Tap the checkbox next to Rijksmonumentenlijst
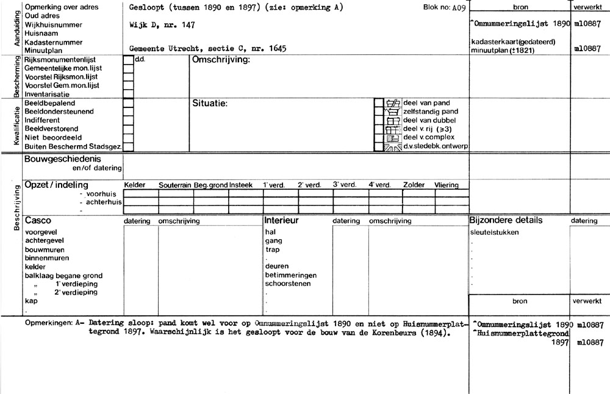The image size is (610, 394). (x=128, y=60)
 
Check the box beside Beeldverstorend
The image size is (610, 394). (x=128, y=129)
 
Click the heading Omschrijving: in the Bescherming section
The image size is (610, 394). (x=221, y=60)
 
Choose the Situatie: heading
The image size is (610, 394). (x=210, y=103)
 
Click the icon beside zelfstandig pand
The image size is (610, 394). (x=392, y=112)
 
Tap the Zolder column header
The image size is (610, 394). (x=414, y=185)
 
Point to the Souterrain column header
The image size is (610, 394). (x=175, y=185)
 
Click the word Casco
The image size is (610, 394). (x=38, y=220)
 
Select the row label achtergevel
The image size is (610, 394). (x=45, y=240)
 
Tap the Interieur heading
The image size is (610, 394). (x=281, y=220)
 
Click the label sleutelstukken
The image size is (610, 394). (x=495, y=232)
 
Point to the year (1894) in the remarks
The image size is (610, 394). (x=434, y=335)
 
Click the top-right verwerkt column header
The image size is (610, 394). (x=589, y=7)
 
